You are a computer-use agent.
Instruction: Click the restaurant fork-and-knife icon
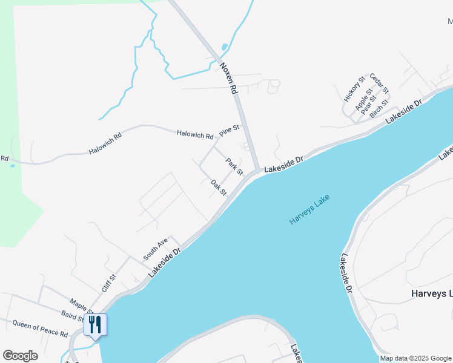coord(95,324)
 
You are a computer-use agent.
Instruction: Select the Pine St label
coord(230,129)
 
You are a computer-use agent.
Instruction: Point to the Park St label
coord(234,166)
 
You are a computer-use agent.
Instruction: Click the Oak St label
coord(219,188)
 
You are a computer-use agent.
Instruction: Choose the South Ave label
coord(155,249)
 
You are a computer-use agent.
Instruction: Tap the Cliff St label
coord(108,283)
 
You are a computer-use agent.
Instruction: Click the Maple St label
coord(82,304)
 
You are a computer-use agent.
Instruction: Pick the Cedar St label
coord(379,83)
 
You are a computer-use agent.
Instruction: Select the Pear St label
coord(369,105)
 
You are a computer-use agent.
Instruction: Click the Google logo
coord(20,356)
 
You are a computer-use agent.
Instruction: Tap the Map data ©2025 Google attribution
coord(415,358)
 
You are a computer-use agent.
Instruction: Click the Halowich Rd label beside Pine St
coord(195,136)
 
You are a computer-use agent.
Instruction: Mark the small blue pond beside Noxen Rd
coord(225,47)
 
